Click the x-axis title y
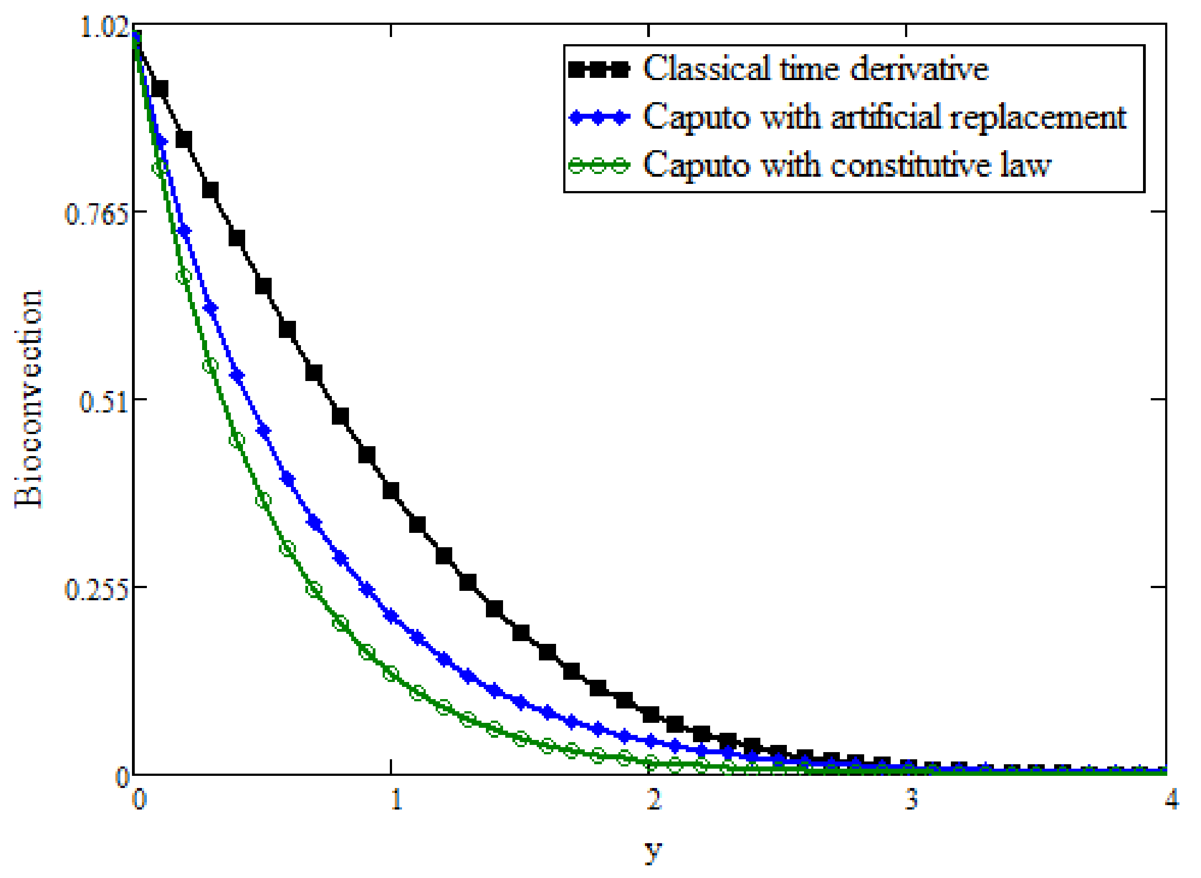653,851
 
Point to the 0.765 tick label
97,213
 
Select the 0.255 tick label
97,589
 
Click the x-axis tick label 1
396,798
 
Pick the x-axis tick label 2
654,798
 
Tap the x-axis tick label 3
912,798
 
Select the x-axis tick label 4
1171,798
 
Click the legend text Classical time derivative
816,68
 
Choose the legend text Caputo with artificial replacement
885,117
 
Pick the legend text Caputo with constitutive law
847,165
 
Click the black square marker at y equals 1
391,490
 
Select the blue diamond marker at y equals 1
391,616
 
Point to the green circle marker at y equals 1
391,674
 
